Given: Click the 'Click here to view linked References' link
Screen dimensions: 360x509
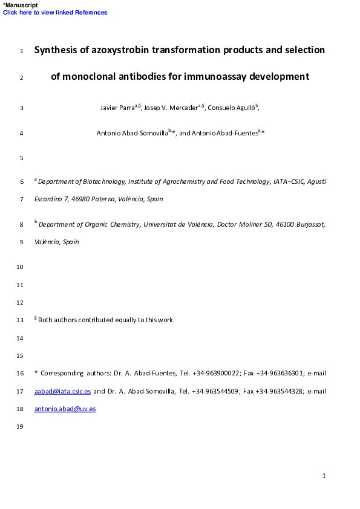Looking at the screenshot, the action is coord(55,13).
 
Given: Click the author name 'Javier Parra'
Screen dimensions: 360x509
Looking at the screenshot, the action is coord(117,108).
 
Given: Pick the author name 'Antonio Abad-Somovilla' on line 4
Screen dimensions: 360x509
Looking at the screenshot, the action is coord(132,133).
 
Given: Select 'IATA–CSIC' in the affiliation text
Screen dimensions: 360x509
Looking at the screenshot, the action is coord(289,181).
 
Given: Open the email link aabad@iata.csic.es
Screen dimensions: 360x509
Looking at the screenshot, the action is coord(63,392).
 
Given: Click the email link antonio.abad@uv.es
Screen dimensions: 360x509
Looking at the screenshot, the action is coord(65,409).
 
